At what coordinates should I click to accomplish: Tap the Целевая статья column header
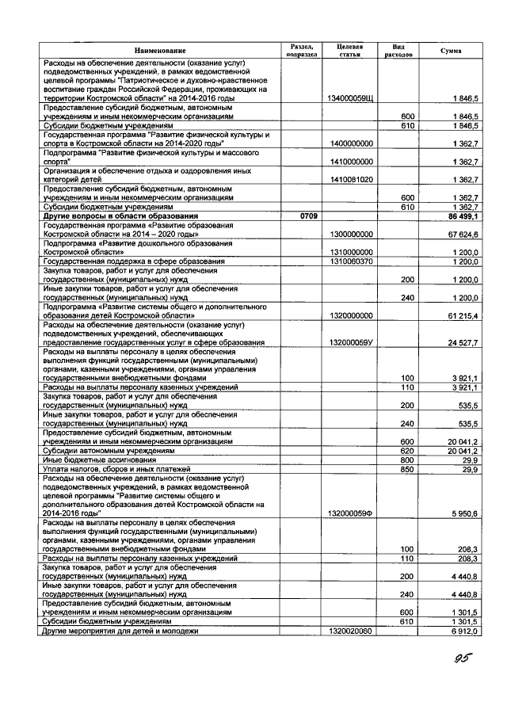point(349,51)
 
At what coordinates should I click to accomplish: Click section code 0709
point(300,216)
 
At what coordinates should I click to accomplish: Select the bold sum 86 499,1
point(462,216)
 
